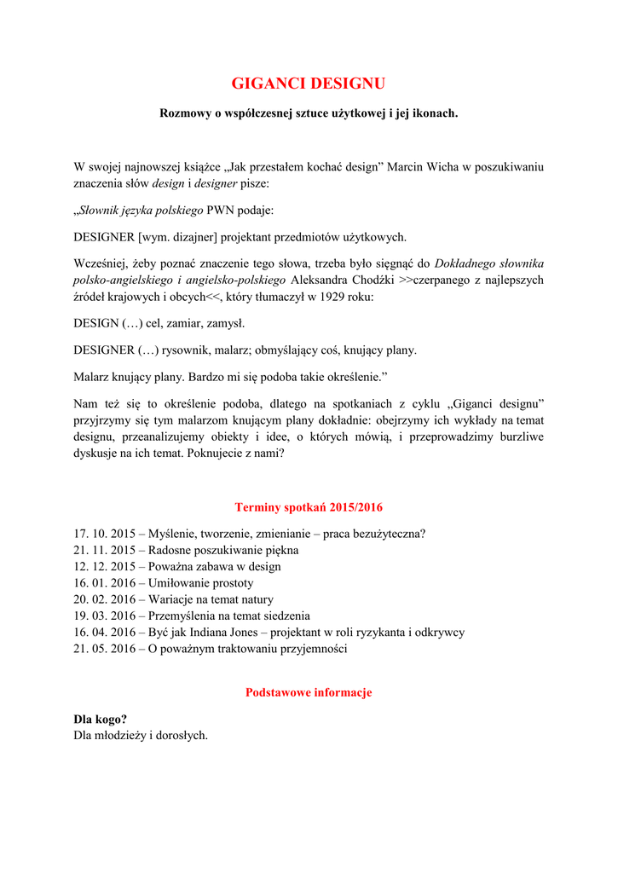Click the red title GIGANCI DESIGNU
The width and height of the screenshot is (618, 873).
[309, 84]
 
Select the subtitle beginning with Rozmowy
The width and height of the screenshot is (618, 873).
[309, 113]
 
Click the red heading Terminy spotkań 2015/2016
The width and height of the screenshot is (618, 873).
[309, 507]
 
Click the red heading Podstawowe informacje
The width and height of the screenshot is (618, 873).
[309, 692]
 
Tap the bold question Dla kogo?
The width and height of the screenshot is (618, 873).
[100, 719]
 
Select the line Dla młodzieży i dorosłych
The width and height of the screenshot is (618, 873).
[141, 735]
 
